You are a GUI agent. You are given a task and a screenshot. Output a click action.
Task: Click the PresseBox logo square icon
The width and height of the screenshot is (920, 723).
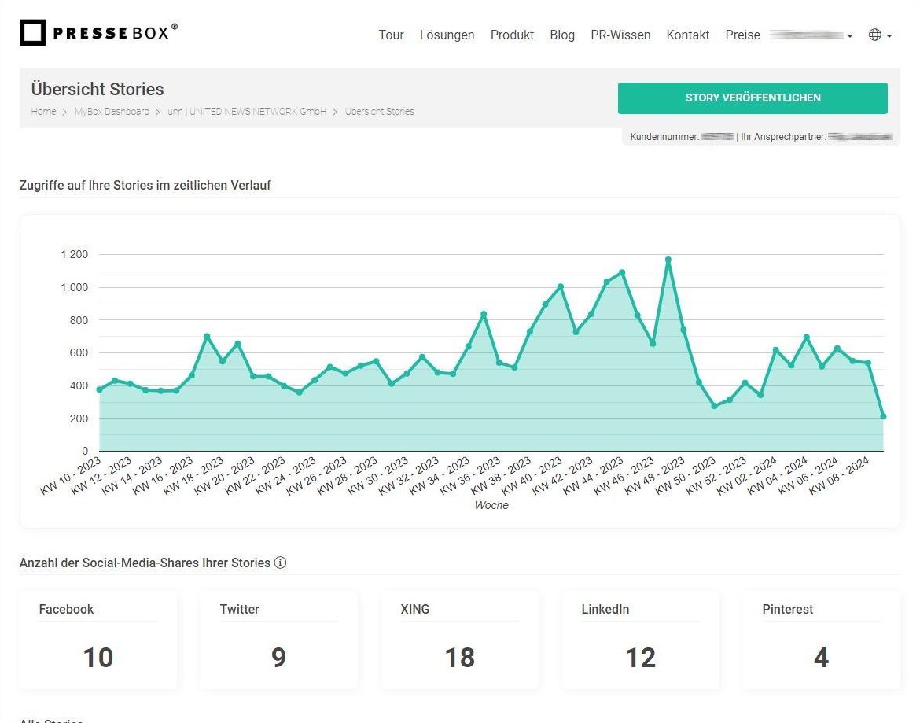(x=32, y=33)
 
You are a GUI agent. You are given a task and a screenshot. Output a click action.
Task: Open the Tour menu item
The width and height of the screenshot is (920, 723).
(x=391, y=35)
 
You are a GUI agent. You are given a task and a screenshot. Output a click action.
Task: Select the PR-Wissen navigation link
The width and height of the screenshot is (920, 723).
(x=620, y=35)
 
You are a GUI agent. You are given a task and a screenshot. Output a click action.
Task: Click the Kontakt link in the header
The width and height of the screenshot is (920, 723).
(x=687, y=35)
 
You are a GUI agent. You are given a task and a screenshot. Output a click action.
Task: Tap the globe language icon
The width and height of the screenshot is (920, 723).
(x=874, y=35)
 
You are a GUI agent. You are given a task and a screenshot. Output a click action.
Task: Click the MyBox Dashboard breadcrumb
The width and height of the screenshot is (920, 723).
(x=112, y=112)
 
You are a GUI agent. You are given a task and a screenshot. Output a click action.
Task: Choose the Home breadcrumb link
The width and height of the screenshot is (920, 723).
(x=43, y=112)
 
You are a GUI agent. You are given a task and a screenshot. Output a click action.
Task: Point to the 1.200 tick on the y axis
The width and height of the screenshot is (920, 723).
(x=74, y=254)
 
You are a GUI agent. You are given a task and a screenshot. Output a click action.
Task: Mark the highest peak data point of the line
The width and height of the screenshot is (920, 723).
(x=668, y=260)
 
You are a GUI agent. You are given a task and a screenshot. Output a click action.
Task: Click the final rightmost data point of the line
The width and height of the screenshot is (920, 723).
(x=883, y=416)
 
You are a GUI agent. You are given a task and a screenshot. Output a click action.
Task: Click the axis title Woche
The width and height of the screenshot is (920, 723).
(x=491, y=505)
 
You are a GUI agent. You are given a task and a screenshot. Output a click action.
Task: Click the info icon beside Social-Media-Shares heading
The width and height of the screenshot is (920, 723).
(x=280, y=563)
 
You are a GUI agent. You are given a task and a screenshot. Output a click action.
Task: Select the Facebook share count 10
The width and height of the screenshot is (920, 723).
(x=98, y=657)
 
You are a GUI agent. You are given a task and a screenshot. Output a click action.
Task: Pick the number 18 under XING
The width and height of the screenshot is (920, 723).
(x=459, y=657)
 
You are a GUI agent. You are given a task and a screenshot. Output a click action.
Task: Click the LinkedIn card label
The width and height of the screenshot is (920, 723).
(x=605, y=609)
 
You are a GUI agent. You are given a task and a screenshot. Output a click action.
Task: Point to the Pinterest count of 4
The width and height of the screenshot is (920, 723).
(x=821, y=657)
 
